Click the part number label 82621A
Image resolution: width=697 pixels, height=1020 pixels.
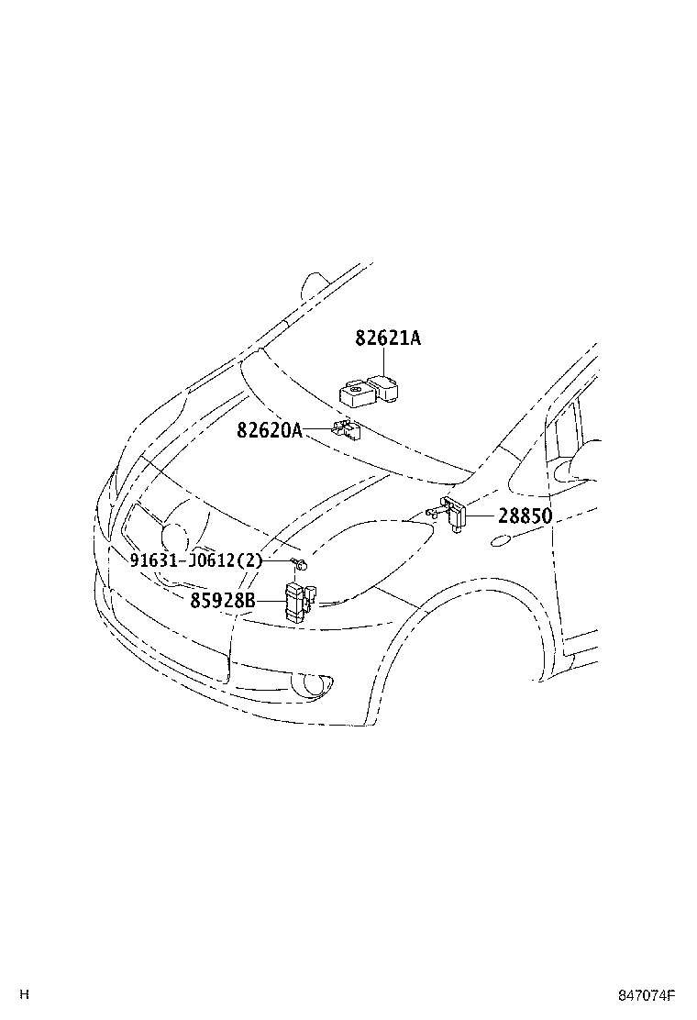click(388, 338)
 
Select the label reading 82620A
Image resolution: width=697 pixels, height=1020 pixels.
click(269, 429)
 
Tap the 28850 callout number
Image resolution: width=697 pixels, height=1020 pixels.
click(526, 516)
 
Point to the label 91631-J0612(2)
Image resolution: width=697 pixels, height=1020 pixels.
click(195, 561)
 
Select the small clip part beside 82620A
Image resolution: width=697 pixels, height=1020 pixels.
click(345, 428)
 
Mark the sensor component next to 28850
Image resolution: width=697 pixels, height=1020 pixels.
click(452, 512)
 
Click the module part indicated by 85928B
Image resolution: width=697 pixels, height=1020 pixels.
click(298, 601)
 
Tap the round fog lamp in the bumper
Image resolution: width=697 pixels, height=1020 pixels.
click(312, 683)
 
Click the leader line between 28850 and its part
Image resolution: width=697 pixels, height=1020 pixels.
click(482, 516)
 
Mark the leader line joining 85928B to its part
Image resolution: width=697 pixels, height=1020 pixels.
click(270, 601)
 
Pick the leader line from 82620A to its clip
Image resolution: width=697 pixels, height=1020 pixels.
click(317, 428)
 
